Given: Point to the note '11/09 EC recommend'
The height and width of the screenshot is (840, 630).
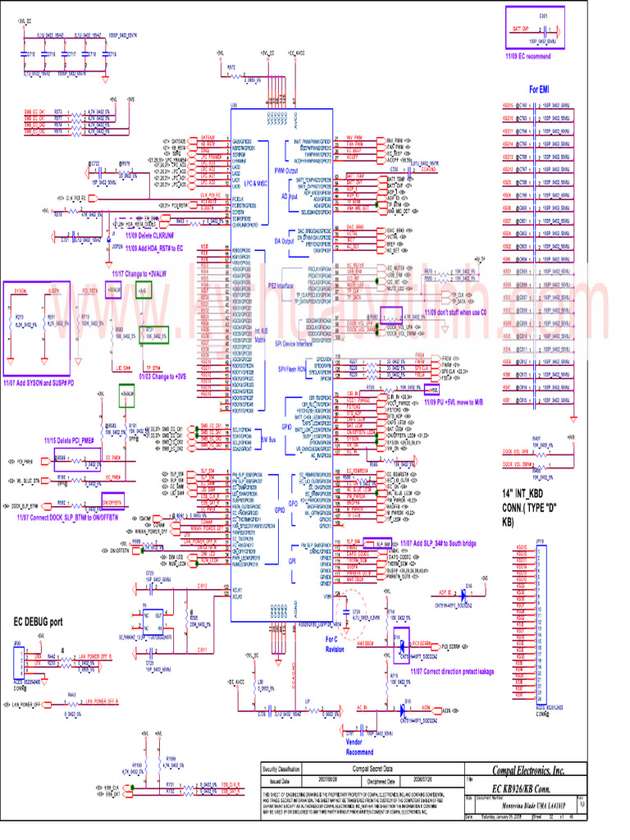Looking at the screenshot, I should coord(527,55).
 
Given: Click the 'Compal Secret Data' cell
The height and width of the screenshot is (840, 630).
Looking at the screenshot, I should coord(372,769).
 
